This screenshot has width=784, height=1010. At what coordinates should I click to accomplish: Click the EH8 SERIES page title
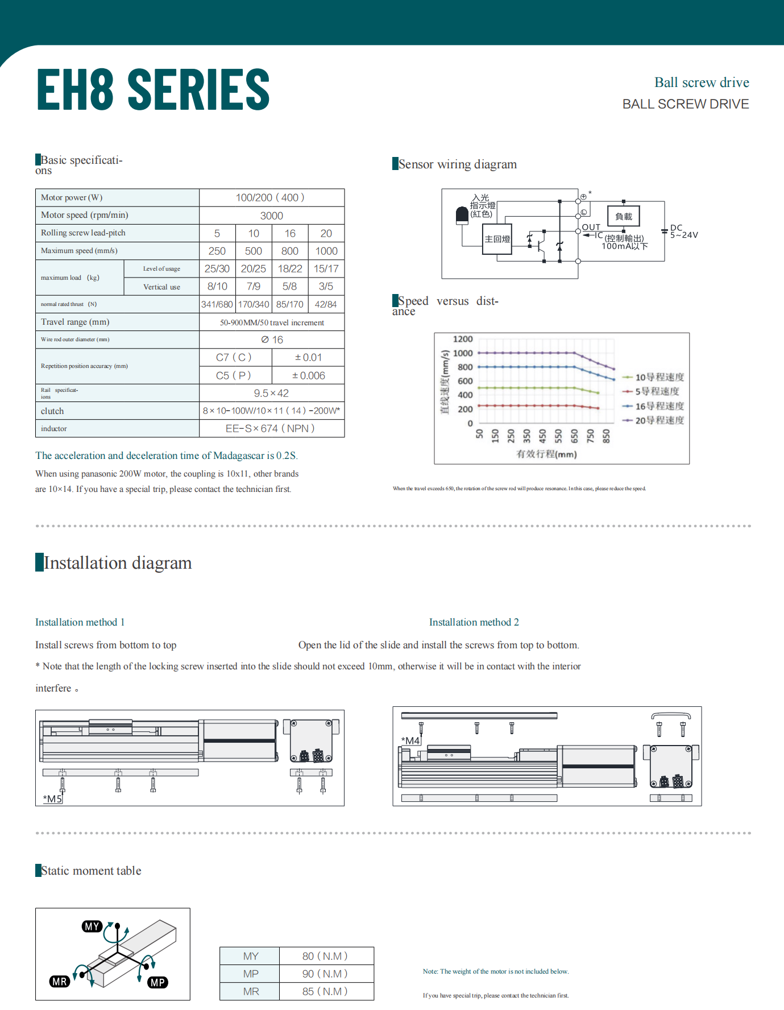[x=153, y=89]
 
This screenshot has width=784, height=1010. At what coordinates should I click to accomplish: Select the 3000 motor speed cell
[x=272, y=216]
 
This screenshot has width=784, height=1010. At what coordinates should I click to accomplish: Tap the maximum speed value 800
[x=290, y=251]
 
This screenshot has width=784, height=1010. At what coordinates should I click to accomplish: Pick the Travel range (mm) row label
[x=75, y=322]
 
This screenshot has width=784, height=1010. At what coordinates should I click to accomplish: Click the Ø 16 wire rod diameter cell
[x=272, y=340]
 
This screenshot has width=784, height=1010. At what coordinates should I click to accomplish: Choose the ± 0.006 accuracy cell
[x=308, y=375]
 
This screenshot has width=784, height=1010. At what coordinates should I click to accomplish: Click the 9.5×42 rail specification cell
[x=272, y=393]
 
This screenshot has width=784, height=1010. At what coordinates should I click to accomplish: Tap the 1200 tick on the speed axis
[x=463, y=339]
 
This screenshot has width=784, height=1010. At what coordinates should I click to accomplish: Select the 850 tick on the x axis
[x=606, y=436]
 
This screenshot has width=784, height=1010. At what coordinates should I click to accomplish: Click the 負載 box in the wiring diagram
[x=624, y=216]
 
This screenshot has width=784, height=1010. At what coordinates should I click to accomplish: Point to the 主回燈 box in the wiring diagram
[x=497, y=239]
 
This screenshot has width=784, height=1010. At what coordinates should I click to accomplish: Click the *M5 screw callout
[x=53, y=798]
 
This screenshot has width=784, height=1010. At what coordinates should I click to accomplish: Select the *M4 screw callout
[x=410, y=740]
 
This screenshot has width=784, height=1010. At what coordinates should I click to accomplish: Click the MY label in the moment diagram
[x=92, y=926]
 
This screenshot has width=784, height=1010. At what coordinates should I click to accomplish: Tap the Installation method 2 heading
[x=474, y=622]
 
